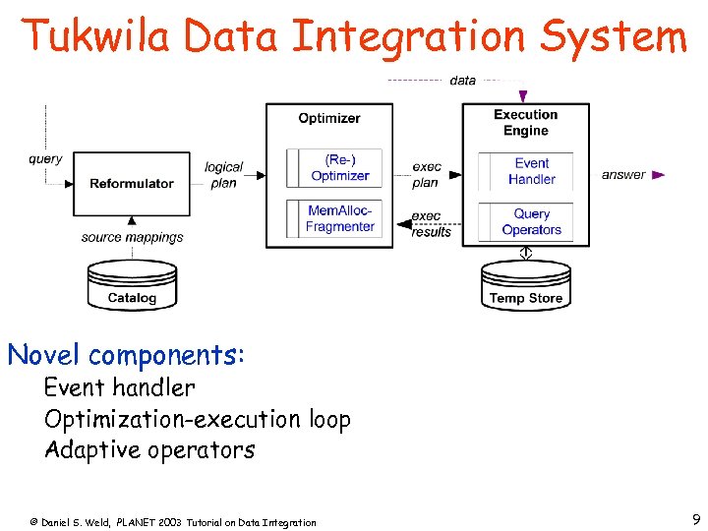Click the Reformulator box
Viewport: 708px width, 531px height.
pyautogui.click(x=131, y=184)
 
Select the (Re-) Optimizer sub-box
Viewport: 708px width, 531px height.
pyautogui.click(x=339, y=168)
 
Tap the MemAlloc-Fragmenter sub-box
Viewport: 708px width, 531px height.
pyautogui.click(x=339, y=218)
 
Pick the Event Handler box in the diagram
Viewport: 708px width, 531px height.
pyautogui.click(x=531, y=171)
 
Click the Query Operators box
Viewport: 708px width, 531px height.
pyautogui.click(x=531, y=221)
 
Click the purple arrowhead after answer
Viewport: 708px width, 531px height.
pyautogui.click(x=659, y=175)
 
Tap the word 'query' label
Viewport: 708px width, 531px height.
pyautogui.click(x=45, y=158)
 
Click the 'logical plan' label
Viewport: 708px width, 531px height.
pyautogui.click(x=223, y=175)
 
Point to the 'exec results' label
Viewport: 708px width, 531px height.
pyautogui.click(x=430, y=223)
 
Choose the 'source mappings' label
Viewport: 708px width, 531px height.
pyautogui.click(x=133, y=237)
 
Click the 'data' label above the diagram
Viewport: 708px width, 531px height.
pyautogui.click(x=462, y=80)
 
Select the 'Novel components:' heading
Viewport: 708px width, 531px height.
pyautogui.click(x=126, y=354)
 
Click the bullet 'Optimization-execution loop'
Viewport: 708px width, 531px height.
pyautogui.click(x=197, y=419)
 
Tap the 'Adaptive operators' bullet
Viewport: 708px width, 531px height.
pyautogui.click(x=149, y=450)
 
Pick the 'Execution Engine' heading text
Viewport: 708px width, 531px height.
pyautogui.click(x=525, y=122)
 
